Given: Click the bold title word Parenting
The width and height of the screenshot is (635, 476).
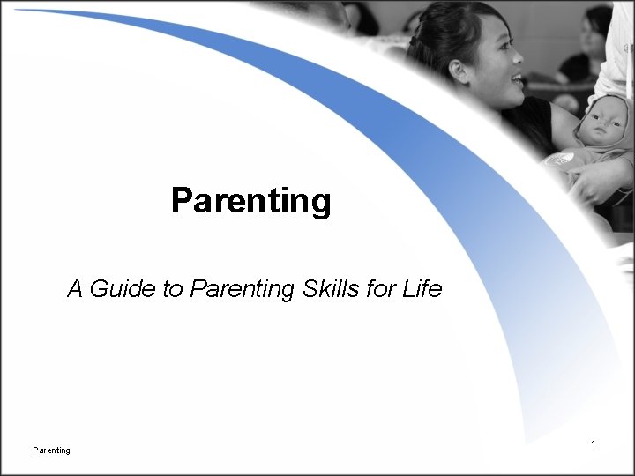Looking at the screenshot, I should coord(251,201).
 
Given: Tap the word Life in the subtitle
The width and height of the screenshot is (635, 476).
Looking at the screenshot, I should coord(421,288).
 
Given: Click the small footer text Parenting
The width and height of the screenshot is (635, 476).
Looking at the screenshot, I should coord(51,450).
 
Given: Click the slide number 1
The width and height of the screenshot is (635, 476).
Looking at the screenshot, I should coord(594,445).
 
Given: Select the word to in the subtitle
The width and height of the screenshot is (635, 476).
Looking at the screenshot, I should coord(173,288).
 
